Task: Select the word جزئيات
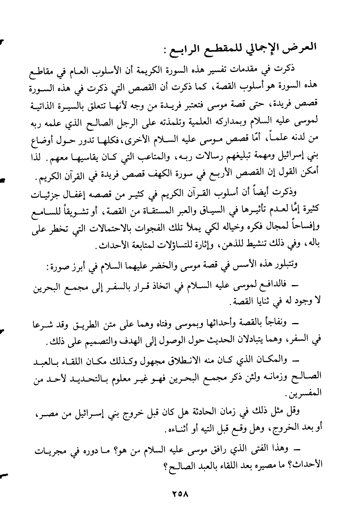[x=48, y=196]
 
